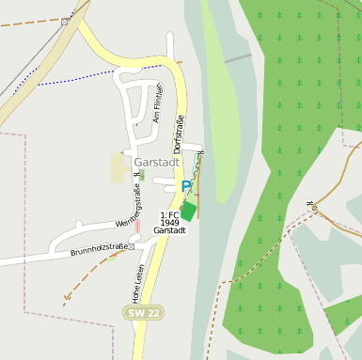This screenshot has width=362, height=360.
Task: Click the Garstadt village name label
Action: click(x=157, y=162)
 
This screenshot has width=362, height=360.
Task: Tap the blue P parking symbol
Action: click(x=186, y=187)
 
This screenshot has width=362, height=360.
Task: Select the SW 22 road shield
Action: click(x=142, y=311)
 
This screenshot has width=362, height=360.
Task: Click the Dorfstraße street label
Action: click(x=178, y=133)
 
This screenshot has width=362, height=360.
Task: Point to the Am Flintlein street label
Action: click(x=158, y=106)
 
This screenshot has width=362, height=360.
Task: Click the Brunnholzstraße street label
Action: click(x=99, y=249)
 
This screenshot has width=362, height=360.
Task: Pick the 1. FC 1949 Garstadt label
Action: click(x=170, y=223)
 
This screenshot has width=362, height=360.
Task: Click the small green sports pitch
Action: click(x=189, y=211)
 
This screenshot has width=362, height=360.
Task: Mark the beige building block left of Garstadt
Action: click(x=118, y=168)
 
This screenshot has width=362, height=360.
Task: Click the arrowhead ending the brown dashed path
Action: click(x=65, y=302)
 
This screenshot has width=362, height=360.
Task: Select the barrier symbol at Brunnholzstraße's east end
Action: click(x=132, y=246)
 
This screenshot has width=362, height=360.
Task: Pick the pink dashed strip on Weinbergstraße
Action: click(x=137, y=226)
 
